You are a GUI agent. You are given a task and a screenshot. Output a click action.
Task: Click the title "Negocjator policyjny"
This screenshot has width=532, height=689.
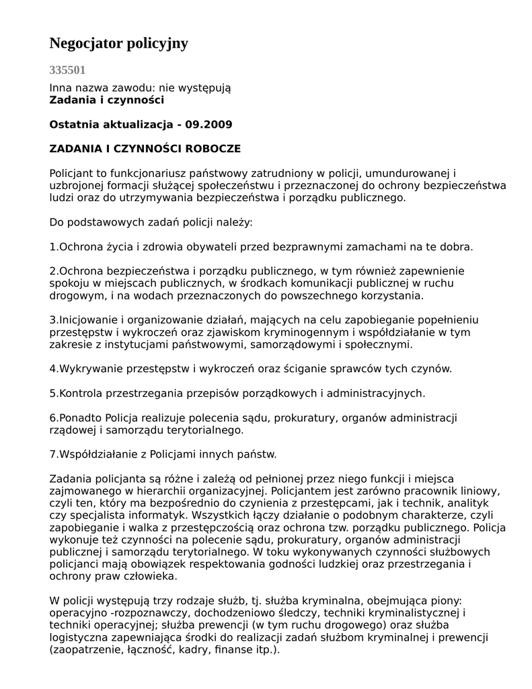click(118, 44)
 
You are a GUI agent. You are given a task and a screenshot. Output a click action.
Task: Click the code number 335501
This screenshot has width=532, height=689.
click(67, 70)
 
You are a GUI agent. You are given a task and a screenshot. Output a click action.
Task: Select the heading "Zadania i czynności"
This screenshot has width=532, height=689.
click(106, 100)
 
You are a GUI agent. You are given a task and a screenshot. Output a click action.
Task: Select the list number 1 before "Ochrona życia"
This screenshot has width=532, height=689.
click(52, 247)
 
